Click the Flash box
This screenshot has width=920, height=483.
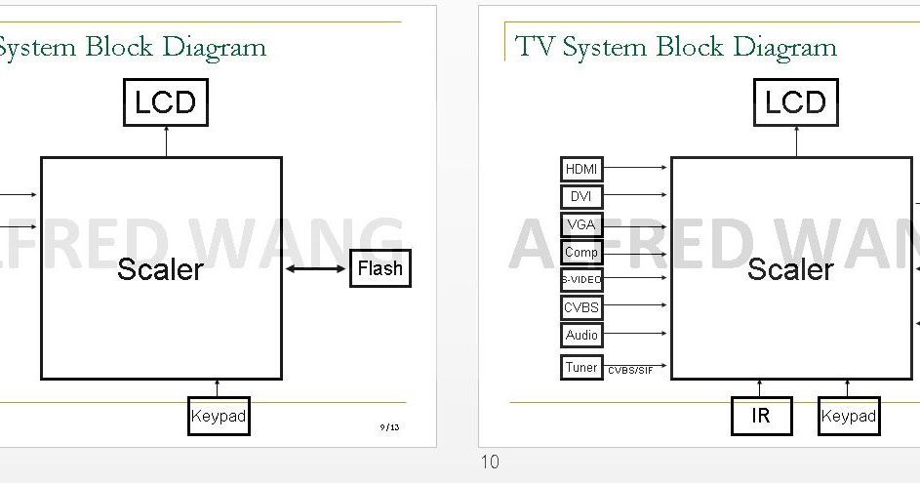click(380, 268)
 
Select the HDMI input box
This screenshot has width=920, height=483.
click(582, 169)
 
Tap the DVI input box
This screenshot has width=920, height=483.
click(582, 196)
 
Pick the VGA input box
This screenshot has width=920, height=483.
click(582, 224)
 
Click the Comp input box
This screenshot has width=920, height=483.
click(582, 253)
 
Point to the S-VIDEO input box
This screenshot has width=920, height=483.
click(582, 280)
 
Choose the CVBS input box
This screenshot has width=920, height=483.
click(582, 307)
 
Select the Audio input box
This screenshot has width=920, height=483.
click(582, 335)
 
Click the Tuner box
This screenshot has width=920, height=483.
click(581, 368)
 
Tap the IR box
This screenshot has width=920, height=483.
click(761, 416)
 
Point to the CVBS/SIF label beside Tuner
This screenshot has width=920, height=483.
click(630, 371)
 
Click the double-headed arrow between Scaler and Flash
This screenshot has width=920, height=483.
click(316, 268)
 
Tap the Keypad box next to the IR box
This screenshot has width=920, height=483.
click(848, 416)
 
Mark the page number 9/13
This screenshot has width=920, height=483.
click(389, 427)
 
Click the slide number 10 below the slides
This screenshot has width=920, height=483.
click(490, 463)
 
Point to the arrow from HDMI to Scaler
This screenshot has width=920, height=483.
click(635, 168)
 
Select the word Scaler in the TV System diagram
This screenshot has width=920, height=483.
click(790, 269)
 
